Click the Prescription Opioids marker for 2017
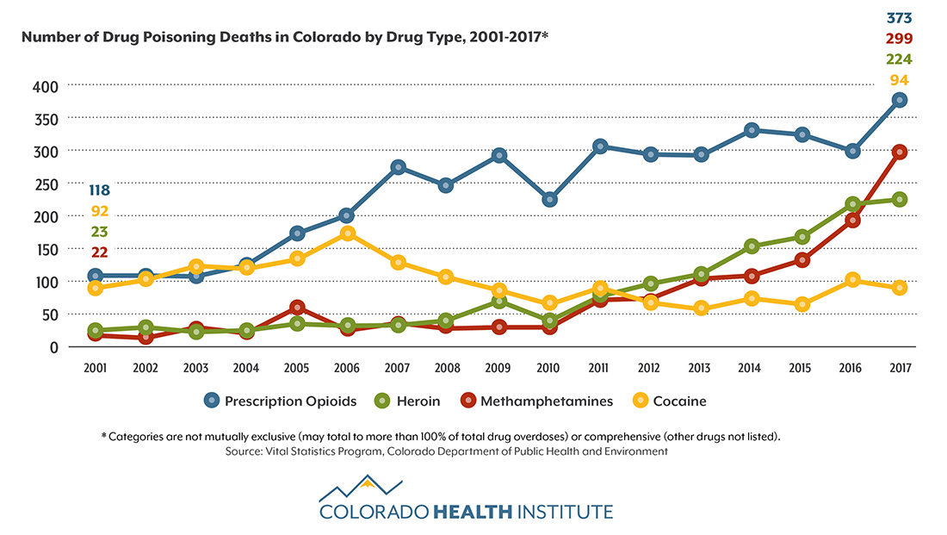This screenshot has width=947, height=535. (900, 100)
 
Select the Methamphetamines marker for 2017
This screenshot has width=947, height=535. (900, 152)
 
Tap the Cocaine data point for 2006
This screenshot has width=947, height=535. (347, 233)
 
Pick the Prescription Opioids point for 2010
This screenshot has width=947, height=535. (548, 200)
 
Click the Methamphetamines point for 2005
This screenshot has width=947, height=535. (297, 308)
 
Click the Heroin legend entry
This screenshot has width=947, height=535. (408, 401)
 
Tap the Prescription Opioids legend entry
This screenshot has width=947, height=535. (280, 401)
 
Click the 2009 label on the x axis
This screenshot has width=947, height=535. (498, 368)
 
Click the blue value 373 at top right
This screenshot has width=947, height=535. (899, 18)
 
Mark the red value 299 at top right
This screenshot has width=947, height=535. (899, 39)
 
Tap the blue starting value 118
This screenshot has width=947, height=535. (99, 190)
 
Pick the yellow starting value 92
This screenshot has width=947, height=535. (99, 211)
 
